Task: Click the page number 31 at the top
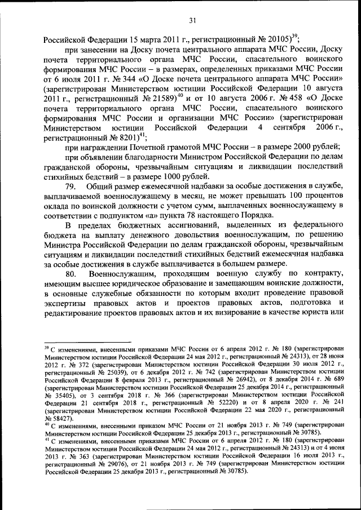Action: pos(192,21)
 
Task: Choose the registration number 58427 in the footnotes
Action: pos(56,419)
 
